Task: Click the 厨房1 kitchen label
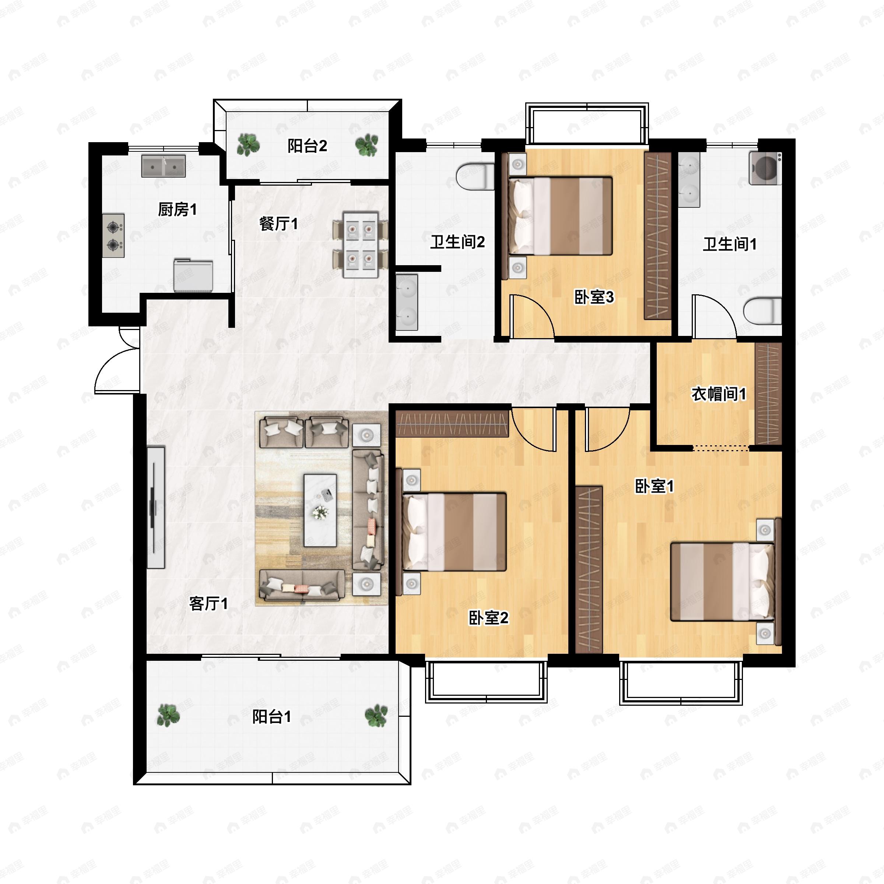(x=177, y=210)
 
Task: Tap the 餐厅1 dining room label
(x=278, y=224)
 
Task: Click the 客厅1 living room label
(x=208, y=604)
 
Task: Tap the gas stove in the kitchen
(x=113, y=236)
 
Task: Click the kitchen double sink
(x=163, y=166)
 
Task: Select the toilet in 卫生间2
(x=475, y=177)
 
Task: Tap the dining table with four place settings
(x=361, y=244)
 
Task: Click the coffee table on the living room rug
(x=320, y=510)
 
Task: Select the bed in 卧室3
(x=562, y=215)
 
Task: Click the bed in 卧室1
(x=723, y=582)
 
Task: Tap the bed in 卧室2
(x=455, y=532)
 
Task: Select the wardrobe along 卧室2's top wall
(x=452, y=424)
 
